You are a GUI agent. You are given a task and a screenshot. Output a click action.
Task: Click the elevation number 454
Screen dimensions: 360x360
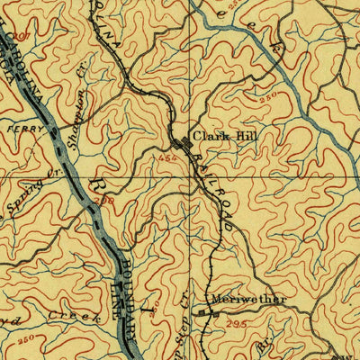(x=166, y=157)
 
